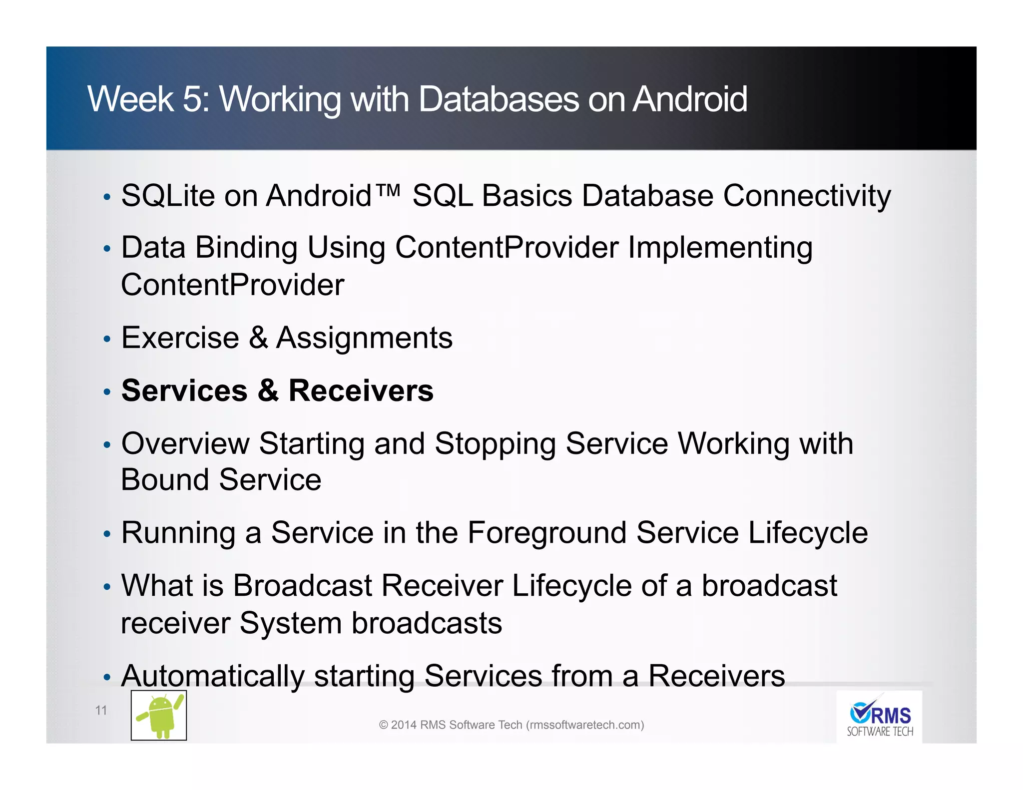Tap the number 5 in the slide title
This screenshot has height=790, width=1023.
pyautogui.click(x=192, y=99)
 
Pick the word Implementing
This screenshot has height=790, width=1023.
pyautogui.click(x=720, y=247)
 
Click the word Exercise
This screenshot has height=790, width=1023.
pyautogui.click(x=180, y=338)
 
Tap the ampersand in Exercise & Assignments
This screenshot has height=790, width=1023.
pyautogui.click(x=258, y=338)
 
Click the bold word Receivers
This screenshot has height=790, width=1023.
pyautogui.click(x=361, y=391)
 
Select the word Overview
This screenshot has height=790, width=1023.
pyautogui.click(x=185, y=443)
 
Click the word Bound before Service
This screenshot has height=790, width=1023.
pyautogui.click(x=165, y=480)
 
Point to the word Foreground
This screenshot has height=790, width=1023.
pyautogui.click(x=546, y=532)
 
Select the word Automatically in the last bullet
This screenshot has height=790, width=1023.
pyautogui.click(x=212, y=676)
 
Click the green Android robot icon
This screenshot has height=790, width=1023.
pyautogui.click(x=159, y=715)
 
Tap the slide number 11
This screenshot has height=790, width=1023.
pyautogui.click(x=101, y=710)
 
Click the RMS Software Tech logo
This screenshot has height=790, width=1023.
pyautogui.click(x=879, y=718)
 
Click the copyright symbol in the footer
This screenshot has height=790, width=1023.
pyautogui.click(x=383, y=725)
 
